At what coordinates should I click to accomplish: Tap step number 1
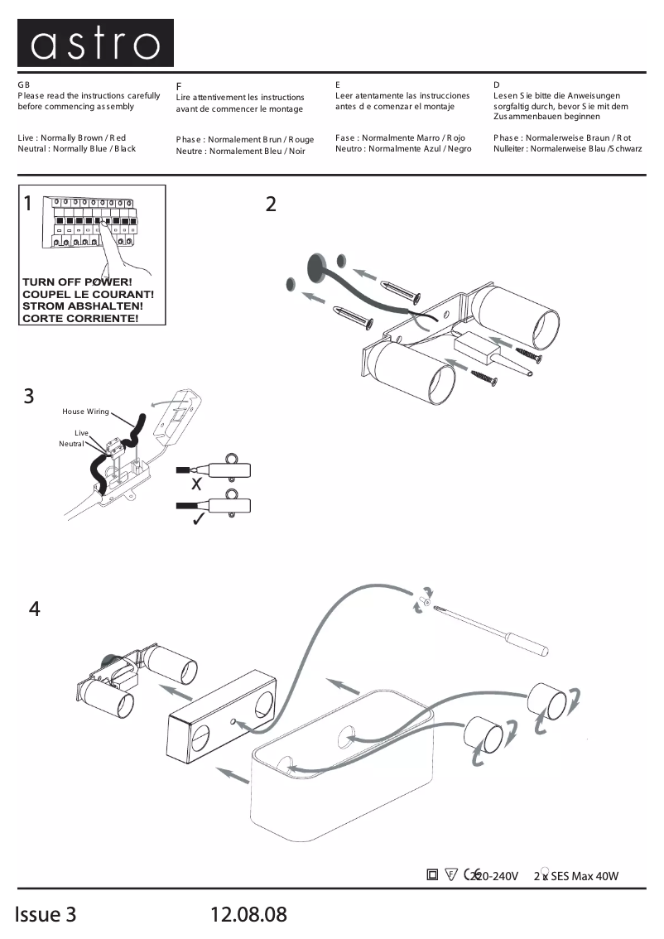[28, 204]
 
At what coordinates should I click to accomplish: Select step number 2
[271, 204]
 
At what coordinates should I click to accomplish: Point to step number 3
[29, 396]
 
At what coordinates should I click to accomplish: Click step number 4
[34, 609]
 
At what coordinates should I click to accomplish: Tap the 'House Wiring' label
[85, 412]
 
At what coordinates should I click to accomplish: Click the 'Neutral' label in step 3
[72, 444]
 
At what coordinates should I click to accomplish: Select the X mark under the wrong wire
[196, 484]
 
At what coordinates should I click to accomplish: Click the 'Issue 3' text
[46, 914]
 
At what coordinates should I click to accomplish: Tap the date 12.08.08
[249, 914]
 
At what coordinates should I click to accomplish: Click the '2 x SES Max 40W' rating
[576, 876]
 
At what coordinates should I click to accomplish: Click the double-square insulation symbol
[432, 874]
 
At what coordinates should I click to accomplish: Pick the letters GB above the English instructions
[23, 85]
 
